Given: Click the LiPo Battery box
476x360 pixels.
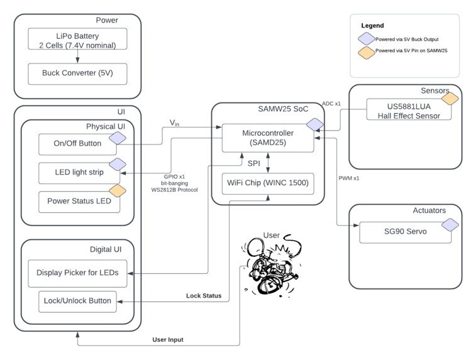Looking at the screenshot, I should [x=77, y=38].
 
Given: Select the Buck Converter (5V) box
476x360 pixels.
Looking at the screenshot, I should [x=77, y=74].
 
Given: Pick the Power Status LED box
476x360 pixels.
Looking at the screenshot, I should [x=78, y=202].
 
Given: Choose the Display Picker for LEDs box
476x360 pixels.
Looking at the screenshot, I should [x=77, y=273].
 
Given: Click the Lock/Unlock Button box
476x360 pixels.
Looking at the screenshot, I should [x=77, y=301].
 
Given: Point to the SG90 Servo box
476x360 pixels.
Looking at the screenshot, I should [x=406, y=232].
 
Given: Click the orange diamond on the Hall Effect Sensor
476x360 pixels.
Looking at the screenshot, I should [x=448, y=99].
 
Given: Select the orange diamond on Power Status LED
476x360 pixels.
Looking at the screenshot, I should [x=118, y=191].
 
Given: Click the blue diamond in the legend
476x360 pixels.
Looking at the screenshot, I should [x=365, y=38].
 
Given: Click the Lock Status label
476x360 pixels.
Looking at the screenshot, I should [x=204, y=295].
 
